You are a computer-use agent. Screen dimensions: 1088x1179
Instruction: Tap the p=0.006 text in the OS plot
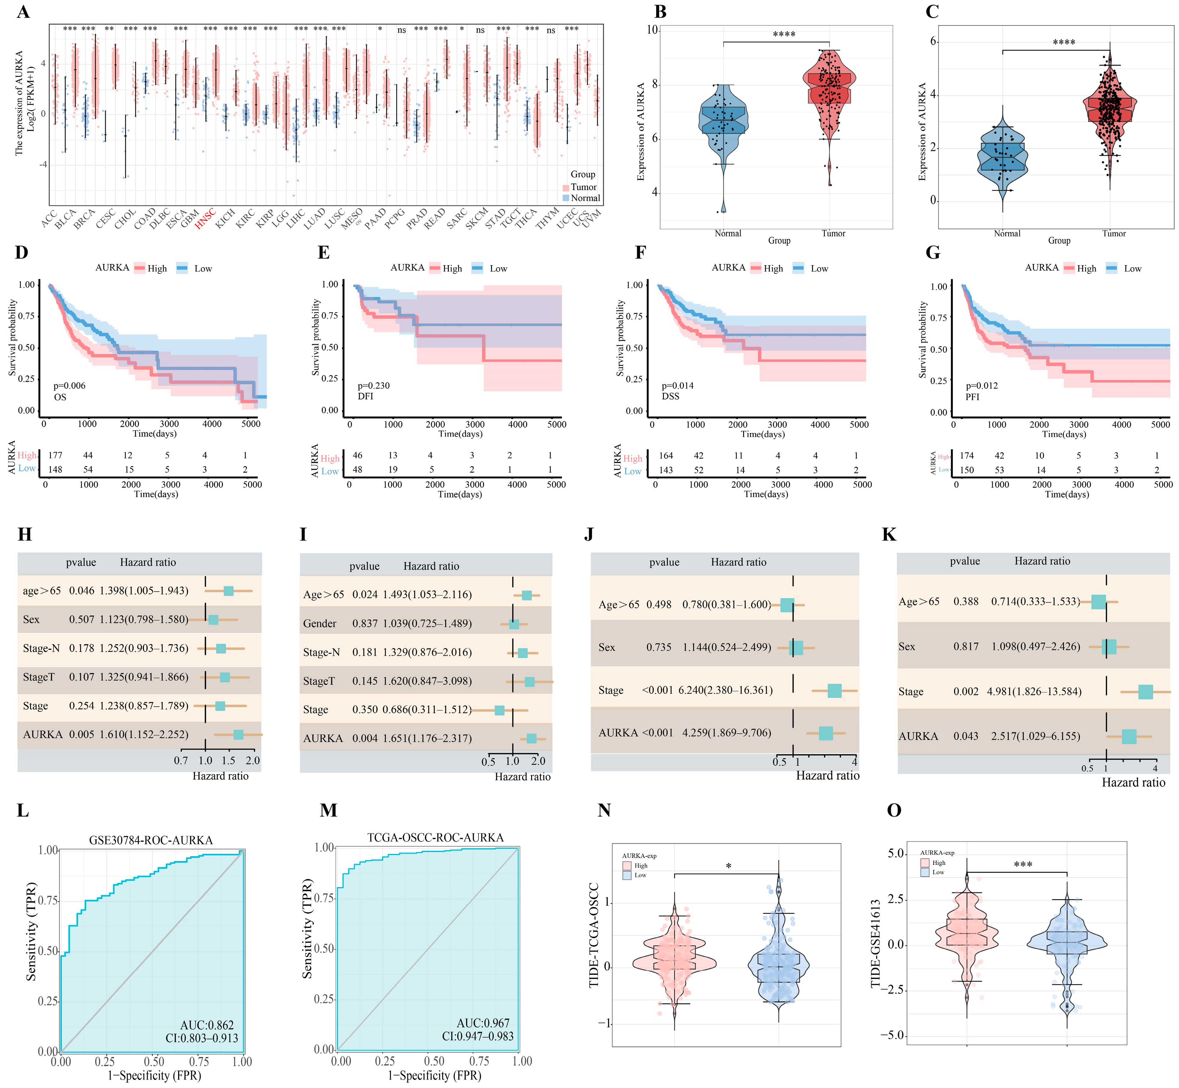click(69, 386)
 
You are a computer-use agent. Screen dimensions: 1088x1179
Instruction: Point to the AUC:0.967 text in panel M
click(483, 1023)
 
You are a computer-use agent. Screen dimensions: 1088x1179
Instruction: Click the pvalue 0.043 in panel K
click(966, 736)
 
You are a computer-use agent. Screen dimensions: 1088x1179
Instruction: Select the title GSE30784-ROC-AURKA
click(151, 840)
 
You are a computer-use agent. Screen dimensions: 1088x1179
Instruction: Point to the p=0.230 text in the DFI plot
click(373, 386)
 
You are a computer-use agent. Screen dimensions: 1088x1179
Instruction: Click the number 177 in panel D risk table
click(55, 455)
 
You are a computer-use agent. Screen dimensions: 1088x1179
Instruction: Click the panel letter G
click(933, 253)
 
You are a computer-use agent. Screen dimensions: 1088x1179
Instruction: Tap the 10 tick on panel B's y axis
click(652, 30)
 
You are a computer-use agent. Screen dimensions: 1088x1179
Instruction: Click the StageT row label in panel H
click(39, 677)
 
